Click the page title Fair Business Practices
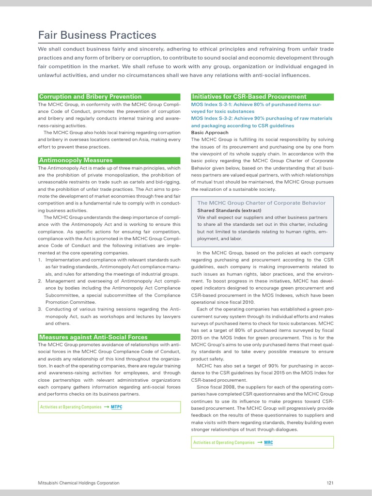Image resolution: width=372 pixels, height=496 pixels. [97, 35]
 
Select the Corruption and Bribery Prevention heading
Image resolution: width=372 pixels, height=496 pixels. [90, 96]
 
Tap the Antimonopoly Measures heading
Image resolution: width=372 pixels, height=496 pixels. [76, 160]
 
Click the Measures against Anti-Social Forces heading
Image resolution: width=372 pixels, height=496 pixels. [93, 337]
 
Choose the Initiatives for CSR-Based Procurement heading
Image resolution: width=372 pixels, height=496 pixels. [249, 96]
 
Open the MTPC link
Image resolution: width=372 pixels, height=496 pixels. [117, 407]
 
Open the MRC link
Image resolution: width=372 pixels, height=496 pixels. [269, 442]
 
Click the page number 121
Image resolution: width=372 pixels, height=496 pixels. [330, 483]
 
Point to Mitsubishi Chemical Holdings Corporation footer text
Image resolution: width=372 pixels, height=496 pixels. [79, 483]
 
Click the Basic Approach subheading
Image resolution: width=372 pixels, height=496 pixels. [210, 132]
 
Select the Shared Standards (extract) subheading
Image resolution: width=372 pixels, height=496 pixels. [229, 211]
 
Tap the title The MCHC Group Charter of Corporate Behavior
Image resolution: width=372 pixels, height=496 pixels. [261, 203]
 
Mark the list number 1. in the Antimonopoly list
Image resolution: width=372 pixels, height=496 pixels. [40, 260]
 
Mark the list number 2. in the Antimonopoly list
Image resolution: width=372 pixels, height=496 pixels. [40, 280]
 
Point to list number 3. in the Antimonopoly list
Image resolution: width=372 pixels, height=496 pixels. [40, 309]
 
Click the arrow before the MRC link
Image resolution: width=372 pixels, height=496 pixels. [260, 442]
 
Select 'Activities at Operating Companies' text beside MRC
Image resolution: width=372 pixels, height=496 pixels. [224, 442]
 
